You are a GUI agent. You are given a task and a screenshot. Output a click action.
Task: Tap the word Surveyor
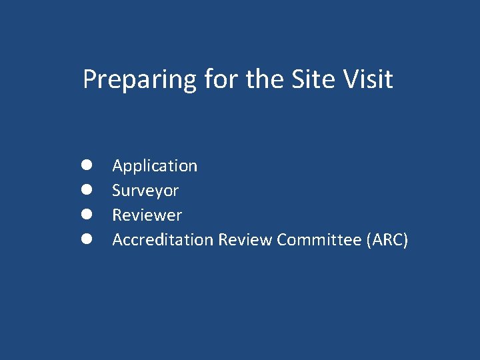point(145,191)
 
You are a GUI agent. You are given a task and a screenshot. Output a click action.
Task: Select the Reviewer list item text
point(147,215)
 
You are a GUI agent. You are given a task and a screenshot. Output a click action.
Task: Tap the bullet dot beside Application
point(87,165)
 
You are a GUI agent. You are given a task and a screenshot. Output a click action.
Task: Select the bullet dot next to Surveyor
point(87,189)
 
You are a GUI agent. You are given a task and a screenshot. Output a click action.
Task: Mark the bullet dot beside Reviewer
point(87,214)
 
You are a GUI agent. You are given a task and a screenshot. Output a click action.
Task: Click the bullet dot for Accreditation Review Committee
point(87,239)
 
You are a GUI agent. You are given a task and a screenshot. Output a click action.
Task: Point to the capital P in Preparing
point(89,79)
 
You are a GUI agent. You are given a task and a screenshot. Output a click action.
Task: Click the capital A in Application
point(117,165)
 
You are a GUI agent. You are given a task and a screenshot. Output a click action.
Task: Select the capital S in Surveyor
point(117,191)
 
